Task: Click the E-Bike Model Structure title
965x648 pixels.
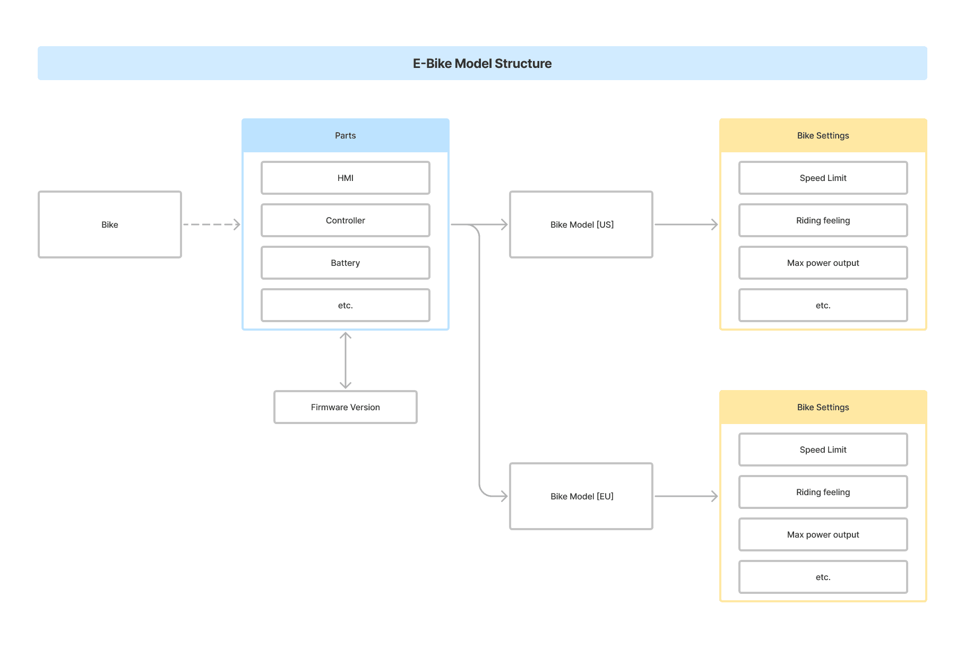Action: pyautogui.click(x=482, y=64)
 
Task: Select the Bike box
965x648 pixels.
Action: pyautogui.click(x=110, y=224)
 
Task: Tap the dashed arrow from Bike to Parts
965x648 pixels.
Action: pyautogui.click(x=211, y=224)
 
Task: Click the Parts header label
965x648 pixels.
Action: pyautogui.click(x=345, y=136)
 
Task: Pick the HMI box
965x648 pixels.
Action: pyautogui.click(x=345, y=178)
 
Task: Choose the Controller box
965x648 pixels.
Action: pyautogui.click(x=345, y=221)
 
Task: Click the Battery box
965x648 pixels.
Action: pyautogui.click(x=345, y=263)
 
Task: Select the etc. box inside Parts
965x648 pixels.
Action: pyautogui.click(x=345, y=306)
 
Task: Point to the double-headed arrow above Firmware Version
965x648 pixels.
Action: pyautogui.click(x=346, y=360)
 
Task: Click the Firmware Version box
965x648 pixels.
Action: pyautogui.click(x=345, y=408)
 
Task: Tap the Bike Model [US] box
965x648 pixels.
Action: pyautogui.click(x=581, y=224)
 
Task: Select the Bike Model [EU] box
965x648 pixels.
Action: pyautogui.click(x=581, y=496)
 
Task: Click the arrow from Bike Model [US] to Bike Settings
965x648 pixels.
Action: pyautogui.click(x=686, y=224)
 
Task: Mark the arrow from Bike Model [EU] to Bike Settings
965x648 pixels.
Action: pyautogui.click(x=686, y=496)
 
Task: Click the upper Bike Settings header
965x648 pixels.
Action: pyautogui.click(x=823, y=136)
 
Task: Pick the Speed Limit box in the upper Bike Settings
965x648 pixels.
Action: pyautogui.click(x=823, y=178)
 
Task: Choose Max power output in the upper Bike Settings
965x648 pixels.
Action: pyautogui.click(x=823, y=263)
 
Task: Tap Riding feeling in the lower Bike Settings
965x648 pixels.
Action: pyautogui.click(x=823, y=493)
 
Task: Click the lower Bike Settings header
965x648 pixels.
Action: pyautogui.click(x=823, y=408)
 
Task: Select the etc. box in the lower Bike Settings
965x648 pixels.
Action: pyautogui.click(x=823, y=577)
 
